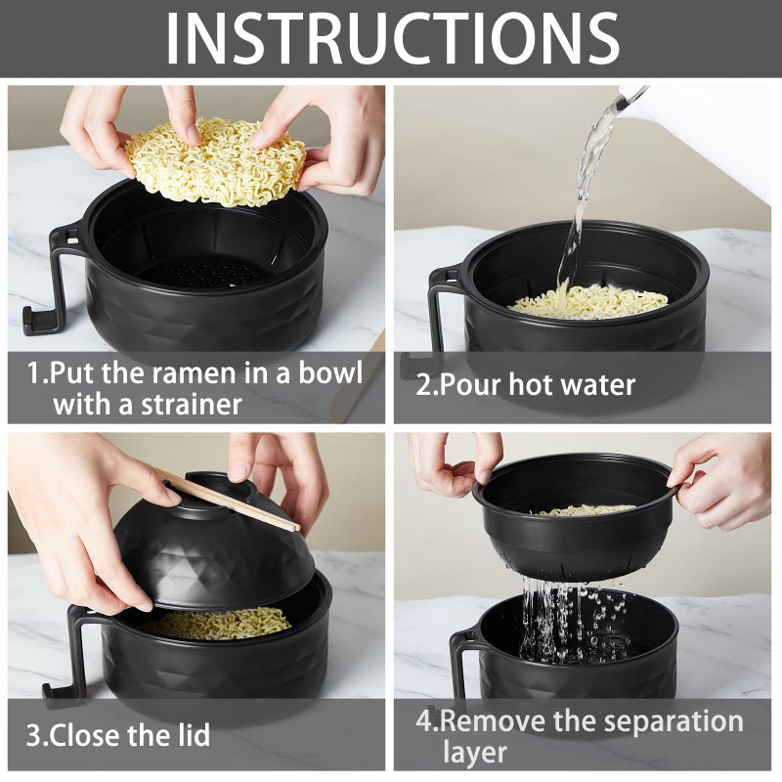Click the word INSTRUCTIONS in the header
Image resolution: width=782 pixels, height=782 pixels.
click(x=391, y=39)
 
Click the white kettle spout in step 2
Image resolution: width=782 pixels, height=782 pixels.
click(x=633, y=98)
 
